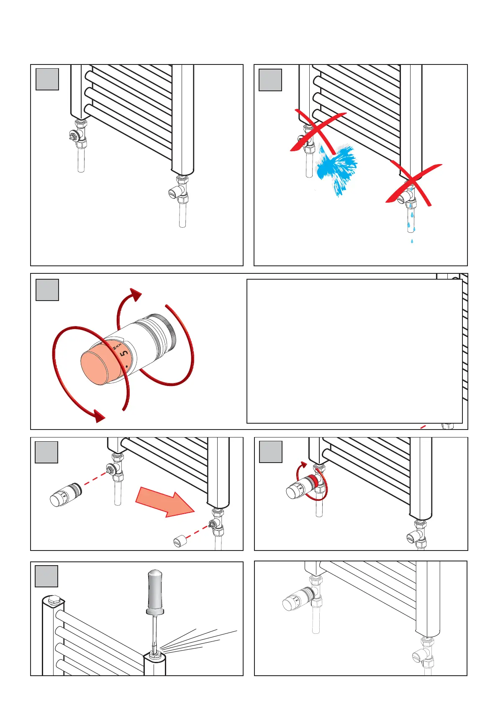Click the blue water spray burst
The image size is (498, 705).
tap(337, 167)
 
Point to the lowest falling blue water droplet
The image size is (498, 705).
tap(412, 241)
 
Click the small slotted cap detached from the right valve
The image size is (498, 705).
tap(179, 540)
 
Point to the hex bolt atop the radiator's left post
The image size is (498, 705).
tap(54, 600)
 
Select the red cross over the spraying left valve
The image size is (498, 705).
tap(318, 132)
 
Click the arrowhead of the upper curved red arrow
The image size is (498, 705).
tap(136, 295)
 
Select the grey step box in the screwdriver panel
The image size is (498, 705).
tap(46, 576)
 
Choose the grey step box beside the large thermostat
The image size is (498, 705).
tap(47, 290)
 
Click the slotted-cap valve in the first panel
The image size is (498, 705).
tap(178, 192)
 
